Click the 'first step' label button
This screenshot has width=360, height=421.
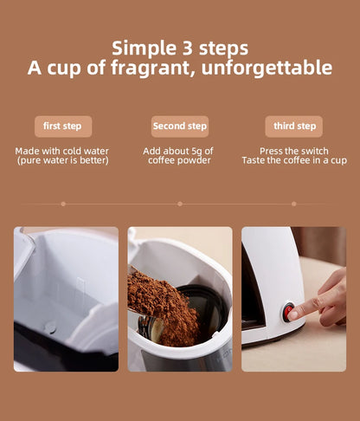(x=63, y=126)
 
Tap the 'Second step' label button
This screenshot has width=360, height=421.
(x=180, y=126)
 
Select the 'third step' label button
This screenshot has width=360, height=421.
(x=293, y=126)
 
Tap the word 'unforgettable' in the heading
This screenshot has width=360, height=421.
(x=268, y=68)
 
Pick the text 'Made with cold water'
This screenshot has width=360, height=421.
(x=61, y=151)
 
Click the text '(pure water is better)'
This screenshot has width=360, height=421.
(x=61, y=160)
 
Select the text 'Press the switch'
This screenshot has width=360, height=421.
(x=293, y=151)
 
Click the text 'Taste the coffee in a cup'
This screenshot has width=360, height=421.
(x=293, y=160)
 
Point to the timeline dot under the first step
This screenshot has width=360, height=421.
(x=63, y=204)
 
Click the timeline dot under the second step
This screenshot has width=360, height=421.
(x=180, y=204)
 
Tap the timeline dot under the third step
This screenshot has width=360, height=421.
(x=293, y=204)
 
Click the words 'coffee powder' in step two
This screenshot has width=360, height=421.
(x=180, y=160)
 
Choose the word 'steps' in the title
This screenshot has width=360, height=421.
(x=223, y=47)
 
